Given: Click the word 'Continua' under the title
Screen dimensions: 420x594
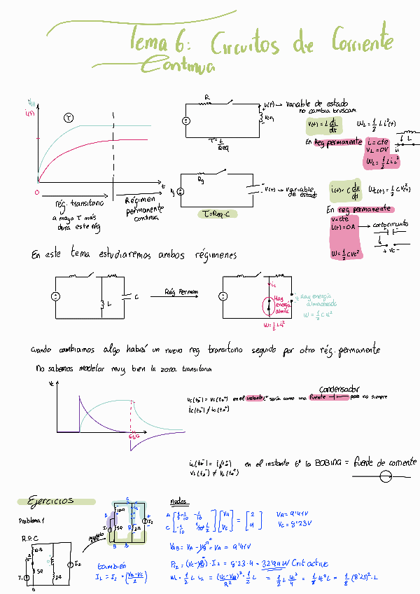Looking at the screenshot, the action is (x=178, y=65).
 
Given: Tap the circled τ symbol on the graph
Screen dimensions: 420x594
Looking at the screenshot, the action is (x=68, y=118).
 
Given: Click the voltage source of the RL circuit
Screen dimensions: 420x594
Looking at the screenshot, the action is (x=187, y=120).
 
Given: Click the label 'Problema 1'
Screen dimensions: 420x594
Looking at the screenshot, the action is (x=32, y=521).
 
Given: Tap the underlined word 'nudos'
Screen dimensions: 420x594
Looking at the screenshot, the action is (x=178, y=502).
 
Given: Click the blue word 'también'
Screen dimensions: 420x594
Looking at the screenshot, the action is (x=112, y=565).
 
